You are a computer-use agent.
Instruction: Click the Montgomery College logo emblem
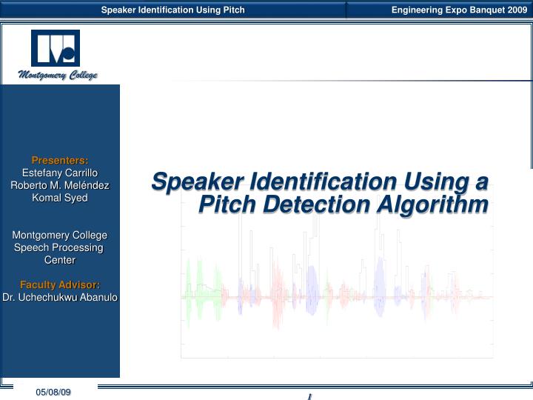click(55, 48)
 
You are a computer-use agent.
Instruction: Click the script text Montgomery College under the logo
click(58, 76)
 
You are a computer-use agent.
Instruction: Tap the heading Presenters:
click(59, 160)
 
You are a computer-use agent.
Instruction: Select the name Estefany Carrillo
click(59, 173)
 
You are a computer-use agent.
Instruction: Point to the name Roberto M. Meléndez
click(59, 185)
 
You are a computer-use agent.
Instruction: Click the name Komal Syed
click(59, 198)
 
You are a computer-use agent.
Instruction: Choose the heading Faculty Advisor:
click(59, 284)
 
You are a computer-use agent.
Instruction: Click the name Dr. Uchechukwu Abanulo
click(60, 297)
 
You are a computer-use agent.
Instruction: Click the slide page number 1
click(309, 397)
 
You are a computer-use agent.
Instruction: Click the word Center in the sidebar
click(60, 260)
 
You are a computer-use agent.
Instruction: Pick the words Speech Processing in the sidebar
click(59, 247)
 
